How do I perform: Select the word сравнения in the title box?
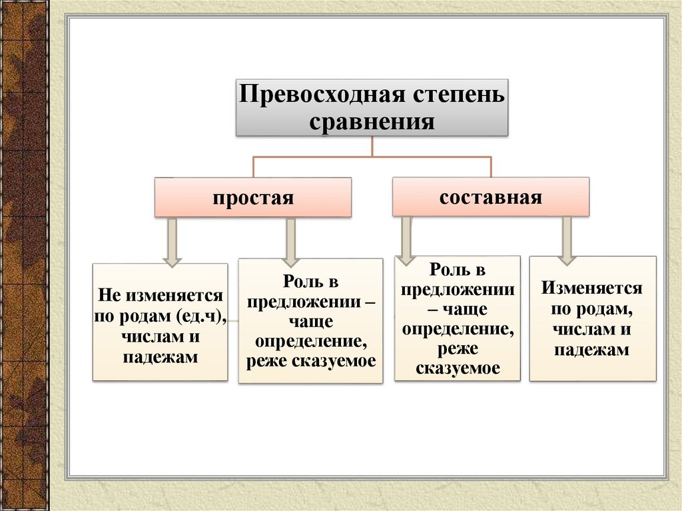[372, 121]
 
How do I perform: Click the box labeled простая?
[253, 198]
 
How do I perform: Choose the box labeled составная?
[491, 197]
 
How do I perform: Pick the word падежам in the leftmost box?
[161, 357]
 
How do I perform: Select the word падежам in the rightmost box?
[592, 350]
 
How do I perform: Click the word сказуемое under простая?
[340, 361]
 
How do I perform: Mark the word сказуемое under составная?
[458, 368]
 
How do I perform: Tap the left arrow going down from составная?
[406, 240]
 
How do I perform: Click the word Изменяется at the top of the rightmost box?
[592, 288]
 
